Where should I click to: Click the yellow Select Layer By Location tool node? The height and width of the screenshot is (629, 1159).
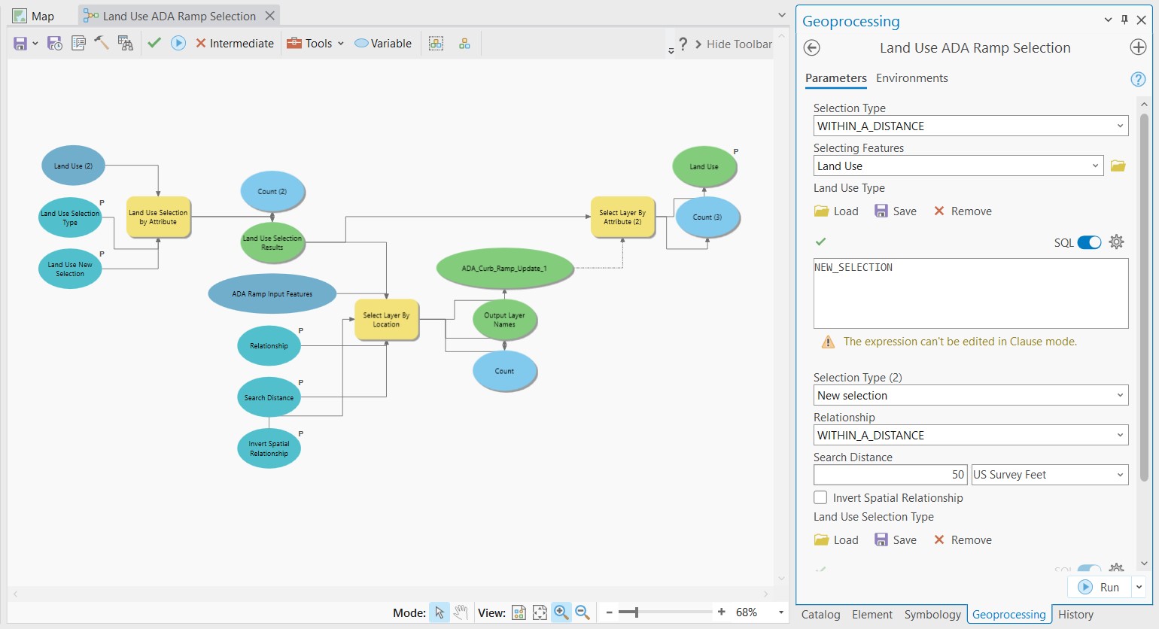point(386,320)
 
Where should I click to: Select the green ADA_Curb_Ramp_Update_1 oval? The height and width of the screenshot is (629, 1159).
point(504,269)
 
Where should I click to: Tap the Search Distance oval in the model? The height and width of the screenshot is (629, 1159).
point(269,397)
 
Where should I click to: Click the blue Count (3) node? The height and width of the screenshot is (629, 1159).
point(707,217)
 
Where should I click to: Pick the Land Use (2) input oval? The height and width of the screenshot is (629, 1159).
point(73,166)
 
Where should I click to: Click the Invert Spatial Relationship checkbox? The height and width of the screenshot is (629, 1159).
point(821,497)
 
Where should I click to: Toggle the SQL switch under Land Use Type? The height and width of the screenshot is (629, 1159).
point(1089,242)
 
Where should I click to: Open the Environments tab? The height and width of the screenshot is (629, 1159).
point(911,78)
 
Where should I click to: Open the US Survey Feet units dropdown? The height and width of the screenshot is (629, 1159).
point(1049,475)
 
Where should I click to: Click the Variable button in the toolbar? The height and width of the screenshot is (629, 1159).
point(383,44)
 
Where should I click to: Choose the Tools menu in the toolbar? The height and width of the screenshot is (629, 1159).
point(315,44)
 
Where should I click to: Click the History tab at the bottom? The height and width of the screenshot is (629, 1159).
point(1075,615)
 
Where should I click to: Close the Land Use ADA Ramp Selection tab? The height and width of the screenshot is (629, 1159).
point(270,16)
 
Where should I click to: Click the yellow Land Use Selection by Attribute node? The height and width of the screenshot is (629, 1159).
point(158,217)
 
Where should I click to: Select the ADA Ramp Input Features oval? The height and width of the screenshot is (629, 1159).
point(272,294)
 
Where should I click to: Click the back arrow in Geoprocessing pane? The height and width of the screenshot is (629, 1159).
point(811,48)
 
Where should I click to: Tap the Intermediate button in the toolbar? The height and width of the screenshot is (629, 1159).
point(235,44)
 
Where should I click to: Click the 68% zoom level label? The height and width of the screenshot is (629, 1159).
point(746,612)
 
